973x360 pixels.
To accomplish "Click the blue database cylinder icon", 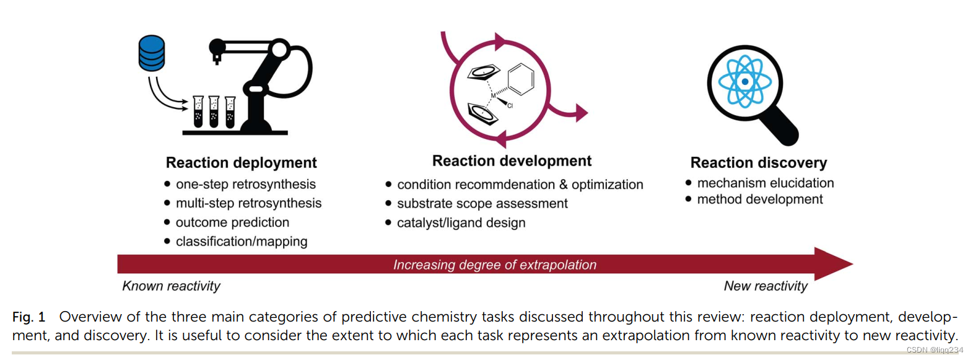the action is (152, 53).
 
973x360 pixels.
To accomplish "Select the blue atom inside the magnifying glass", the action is (744, 81).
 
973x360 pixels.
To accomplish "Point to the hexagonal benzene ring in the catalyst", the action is (520, 79).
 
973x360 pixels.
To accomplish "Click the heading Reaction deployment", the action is (241, 162).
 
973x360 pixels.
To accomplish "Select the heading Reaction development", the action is (512, 161).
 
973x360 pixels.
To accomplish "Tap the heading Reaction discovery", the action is (758, 162).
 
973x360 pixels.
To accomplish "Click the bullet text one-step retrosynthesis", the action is (245, 184).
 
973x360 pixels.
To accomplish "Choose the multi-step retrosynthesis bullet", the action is (248, 203).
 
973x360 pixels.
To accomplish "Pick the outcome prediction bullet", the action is (232, 222).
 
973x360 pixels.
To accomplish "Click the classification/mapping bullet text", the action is (241, 242).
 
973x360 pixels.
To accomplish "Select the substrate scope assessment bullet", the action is (482, 203).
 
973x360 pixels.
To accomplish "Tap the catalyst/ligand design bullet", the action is (461, 223).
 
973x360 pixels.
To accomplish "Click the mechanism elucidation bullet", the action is (765, 183).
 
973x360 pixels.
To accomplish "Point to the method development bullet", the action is (759, 200).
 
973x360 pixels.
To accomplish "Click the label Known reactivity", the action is (171, 286).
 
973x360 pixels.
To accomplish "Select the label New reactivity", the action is (766, 286).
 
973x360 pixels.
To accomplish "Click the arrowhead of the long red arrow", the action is (833, 264).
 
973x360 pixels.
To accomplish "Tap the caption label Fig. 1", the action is (28, 317).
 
